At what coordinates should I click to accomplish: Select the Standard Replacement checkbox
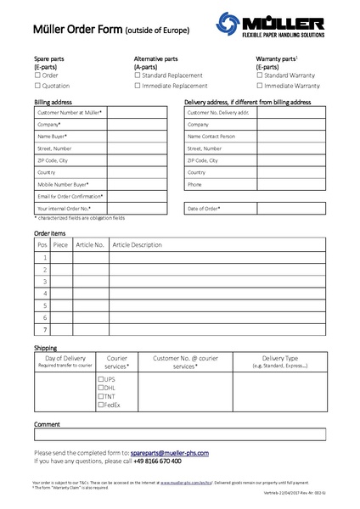click(x=138, y=75)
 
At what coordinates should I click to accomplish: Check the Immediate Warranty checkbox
click(x=259, y=86)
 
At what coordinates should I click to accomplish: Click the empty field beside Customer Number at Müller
click(x=137, y=112)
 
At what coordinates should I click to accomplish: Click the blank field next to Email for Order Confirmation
click(x=137, y=196)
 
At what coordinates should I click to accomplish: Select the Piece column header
click(x=60, y=244)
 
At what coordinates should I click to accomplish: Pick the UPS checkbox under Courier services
click(x=101, y=379)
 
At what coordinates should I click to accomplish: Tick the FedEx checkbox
click(x=101, y=405)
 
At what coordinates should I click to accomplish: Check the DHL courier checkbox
click(x=101, y=388)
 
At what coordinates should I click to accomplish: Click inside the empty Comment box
click(x=179, y=434)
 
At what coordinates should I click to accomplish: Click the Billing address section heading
click(x=53, y=102)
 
